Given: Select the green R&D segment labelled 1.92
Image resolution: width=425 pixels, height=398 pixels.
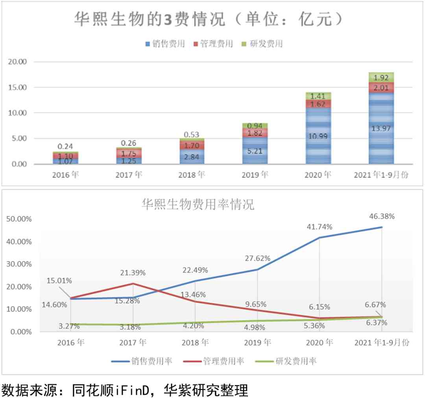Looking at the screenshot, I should pos(381,78).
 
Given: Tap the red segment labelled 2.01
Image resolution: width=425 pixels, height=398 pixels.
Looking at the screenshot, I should pos(381,88).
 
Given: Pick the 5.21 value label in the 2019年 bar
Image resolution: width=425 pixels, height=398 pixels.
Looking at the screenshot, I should pos(255,150).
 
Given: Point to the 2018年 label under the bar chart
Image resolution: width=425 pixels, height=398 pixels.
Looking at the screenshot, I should pos(192,175).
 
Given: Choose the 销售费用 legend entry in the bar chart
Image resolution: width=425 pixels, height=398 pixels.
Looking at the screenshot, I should pos(165,44).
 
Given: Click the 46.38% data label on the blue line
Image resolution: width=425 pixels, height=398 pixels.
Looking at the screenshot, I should pos(382,216).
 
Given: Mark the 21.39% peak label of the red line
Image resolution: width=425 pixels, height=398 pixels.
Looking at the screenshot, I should pos(133,273).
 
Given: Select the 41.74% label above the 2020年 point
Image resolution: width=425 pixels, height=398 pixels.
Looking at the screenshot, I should pos(319,227).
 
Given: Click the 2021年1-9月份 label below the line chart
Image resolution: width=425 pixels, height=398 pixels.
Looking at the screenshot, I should pos(382,342).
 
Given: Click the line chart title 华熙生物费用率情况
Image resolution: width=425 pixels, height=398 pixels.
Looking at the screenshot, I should pos(198,204).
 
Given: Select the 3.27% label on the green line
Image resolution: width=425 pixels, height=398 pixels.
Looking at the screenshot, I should pos(69,326).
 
